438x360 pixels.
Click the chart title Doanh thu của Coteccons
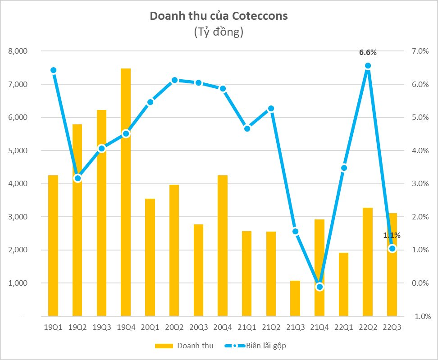coord(219,17)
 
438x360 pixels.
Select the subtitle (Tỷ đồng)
coord(219,32)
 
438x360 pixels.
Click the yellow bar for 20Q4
coord(222,246)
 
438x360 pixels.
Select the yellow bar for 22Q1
coord(343,284)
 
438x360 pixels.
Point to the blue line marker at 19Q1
coord(53,70)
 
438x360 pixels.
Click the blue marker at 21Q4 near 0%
coord(320,287)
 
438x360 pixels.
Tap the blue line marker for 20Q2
coord(174,80)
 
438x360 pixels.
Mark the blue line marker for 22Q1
coord(344,168)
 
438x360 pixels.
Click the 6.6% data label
coord(368,53)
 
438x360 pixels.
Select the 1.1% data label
coord(392,235)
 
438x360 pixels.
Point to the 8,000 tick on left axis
coord(18,51)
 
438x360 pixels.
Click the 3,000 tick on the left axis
coord(18,217)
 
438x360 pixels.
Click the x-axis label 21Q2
coord(271,328)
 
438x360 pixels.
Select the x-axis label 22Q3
coord(392,328)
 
